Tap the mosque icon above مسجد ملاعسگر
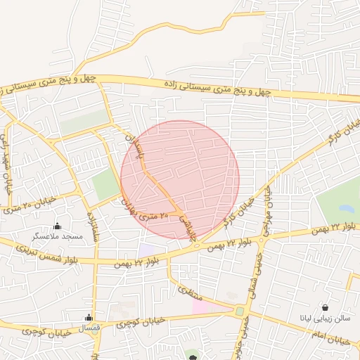[58, 226]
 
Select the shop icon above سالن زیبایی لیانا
[326, 307]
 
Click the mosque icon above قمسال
[89, 318]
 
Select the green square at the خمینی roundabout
[240, 311]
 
